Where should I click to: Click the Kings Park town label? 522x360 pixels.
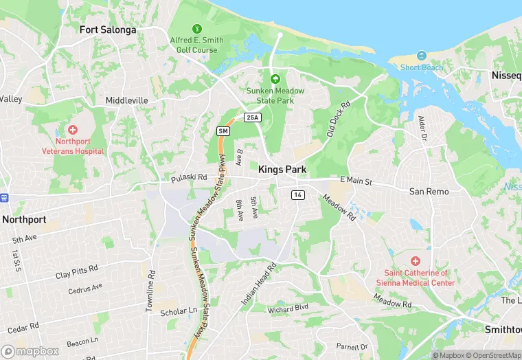coord(282,169)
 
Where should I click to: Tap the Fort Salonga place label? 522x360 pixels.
coord(108,30)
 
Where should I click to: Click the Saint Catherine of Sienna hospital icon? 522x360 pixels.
coord(415,261)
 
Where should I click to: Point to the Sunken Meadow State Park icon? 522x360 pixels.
coord(275,80)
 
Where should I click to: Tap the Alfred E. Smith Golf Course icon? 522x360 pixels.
coord(198,29)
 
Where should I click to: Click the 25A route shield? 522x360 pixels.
coord(253,117)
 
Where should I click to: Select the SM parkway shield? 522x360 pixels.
coord(223,131)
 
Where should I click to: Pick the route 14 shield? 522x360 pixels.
coord(297,195)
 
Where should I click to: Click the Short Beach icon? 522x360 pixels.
coord(420,55)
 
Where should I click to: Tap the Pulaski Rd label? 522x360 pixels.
coord(189,177)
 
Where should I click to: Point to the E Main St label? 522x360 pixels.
coord(356,181)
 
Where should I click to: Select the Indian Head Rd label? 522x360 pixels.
coord(258,283)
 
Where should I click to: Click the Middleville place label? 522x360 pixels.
coord(126,100)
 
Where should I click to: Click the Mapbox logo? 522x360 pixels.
coord(30,351)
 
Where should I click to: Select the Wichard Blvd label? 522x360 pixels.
coord(288,308)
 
